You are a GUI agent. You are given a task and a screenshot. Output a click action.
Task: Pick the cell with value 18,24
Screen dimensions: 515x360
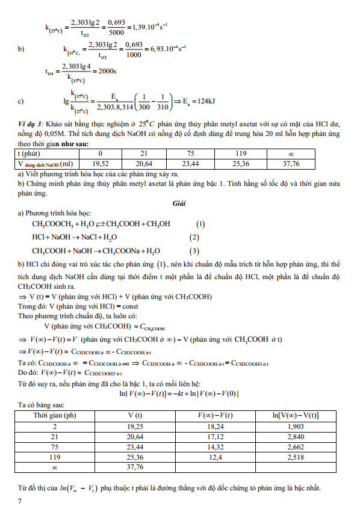pyautogui.click(x=216, y=427)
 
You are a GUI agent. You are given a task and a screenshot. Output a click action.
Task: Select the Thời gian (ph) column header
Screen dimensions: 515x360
pyautogui.click(x=55, y=416)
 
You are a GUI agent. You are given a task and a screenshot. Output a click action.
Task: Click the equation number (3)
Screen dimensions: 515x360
pyautogui.click(x=194, y=251)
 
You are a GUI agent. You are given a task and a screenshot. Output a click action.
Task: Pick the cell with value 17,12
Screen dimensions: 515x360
pyautogui.click(x=216, y=436)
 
